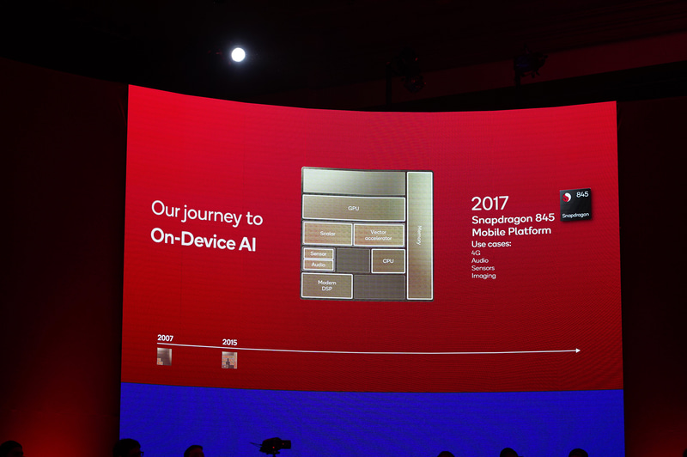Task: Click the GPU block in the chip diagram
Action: coord(353,208)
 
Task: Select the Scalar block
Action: coord(327,234)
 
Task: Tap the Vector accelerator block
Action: coord(379,234)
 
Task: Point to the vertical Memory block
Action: coord(419,234)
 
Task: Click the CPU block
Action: coord(387,260)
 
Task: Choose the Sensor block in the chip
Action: coord(318,253)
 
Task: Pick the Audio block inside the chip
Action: coord(318,265)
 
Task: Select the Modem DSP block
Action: coord(327,286)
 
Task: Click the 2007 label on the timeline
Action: coord(165,338)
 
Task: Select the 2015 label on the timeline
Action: coord(229,342)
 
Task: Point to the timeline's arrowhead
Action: coord(577,350)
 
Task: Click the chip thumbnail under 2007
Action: coord(164,355)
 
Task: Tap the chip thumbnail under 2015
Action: coord(229,360)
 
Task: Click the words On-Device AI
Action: coord(204,241)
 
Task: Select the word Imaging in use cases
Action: coord(483,276)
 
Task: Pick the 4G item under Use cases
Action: coord(476,253)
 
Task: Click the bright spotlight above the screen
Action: coord(238,54)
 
